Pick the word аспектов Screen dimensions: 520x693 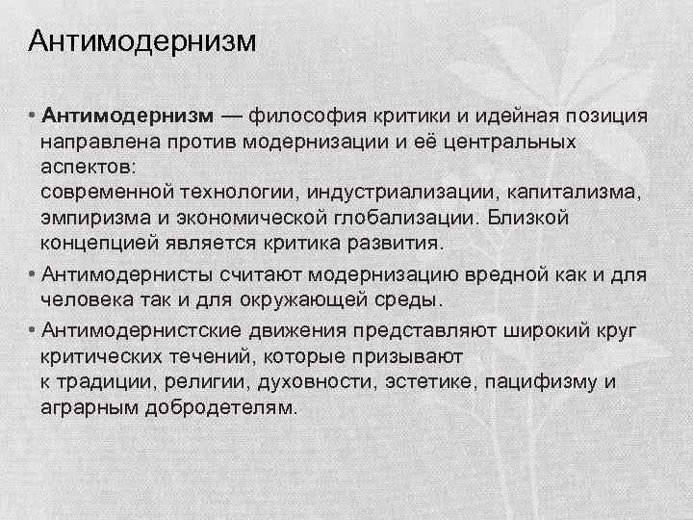coord(81,166)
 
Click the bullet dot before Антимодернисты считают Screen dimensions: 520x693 coord(33,275)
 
